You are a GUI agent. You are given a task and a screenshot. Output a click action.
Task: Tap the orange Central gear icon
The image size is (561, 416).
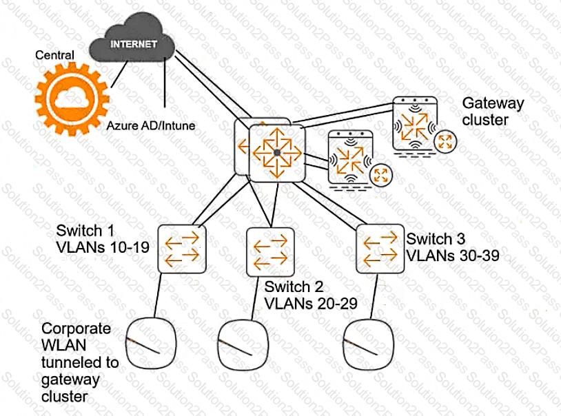(x=72, y=99)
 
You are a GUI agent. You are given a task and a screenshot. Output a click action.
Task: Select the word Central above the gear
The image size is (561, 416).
(x=54, y=54)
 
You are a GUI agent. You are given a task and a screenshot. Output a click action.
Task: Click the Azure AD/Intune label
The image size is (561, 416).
(x=151, y=125)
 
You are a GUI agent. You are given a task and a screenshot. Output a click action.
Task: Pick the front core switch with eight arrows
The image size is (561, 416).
(x=277, y=153)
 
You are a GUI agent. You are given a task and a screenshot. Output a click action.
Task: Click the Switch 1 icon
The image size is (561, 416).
(x=182, y=249)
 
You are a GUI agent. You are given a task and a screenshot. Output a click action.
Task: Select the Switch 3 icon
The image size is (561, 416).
(x=380, y=249)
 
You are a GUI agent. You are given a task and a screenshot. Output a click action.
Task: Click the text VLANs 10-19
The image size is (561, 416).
(x=103, y=247)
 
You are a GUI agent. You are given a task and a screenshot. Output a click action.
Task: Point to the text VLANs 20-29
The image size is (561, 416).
(x=311, y=304)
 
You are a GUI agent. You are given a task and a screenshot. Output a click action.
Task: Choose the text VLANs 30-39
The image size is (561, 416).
(x=453, y=256)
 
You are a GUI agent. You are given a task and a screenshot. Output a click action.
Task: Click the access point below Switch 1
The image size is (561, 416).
(x=152, y=344)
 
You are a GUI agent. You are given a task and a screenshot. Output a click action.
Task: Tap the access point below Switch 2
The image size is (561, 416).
(x=244, y=346)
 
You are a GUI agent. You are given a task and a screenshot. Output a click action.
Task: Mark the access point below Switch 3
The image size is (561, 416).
(x=369, y=344)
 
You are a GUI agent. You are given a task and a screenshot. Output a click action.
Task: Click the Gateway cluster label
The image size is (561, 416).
(x=493, y=112)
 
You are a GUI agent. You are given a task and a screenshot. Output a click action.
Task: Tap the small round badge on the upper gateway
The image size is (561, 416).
(x=445, y=141)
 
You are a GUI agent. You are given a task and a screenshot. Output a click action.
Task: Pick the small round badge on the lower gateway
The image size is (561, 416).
(x=380, y=175)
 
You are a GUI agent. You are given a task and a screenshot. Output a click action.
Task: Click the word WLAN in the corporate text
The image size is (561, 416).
(x=63, y=345)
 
